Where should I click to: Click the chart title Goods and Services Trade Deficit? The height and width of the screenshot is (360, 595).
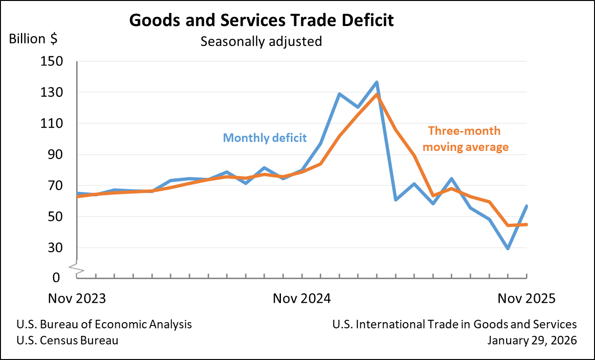[x=261, y=21]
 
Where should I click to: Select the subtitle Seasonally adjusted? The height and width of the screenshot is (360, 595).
[x=261, y=41]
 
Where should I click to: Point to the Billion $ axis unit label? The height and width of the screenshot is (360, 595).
[x=33, y=39]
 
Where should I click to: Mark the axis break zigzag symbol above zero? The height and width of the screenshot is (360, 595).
[x=77, y=269]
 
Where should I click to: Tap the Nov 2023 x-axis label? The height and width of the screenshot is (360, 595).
[x=77, y=299]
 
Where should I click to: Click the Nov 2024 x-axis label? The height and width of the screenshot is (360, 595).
[x=302, y=299]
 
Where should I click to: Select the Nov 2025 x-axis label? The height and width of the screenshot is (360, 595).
[x=526, y=299]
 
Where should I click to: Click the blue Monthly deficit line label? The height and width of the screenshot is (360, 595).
[x=265, y=138]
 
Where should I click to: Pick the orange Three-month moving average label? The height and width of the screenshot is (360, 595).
[x=465, y=139]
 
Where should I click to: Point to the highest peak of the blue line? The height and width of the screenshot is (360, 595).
[x=377, y=82]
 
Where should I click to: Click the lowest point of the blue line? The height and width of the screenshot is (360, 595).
[x=508, y=248]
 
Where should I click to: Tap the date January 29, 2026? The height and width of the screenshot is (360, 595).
[x=532, y=341]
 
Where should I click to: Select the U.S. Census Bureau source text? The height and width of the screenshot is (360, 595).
[x=67, y=341]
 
